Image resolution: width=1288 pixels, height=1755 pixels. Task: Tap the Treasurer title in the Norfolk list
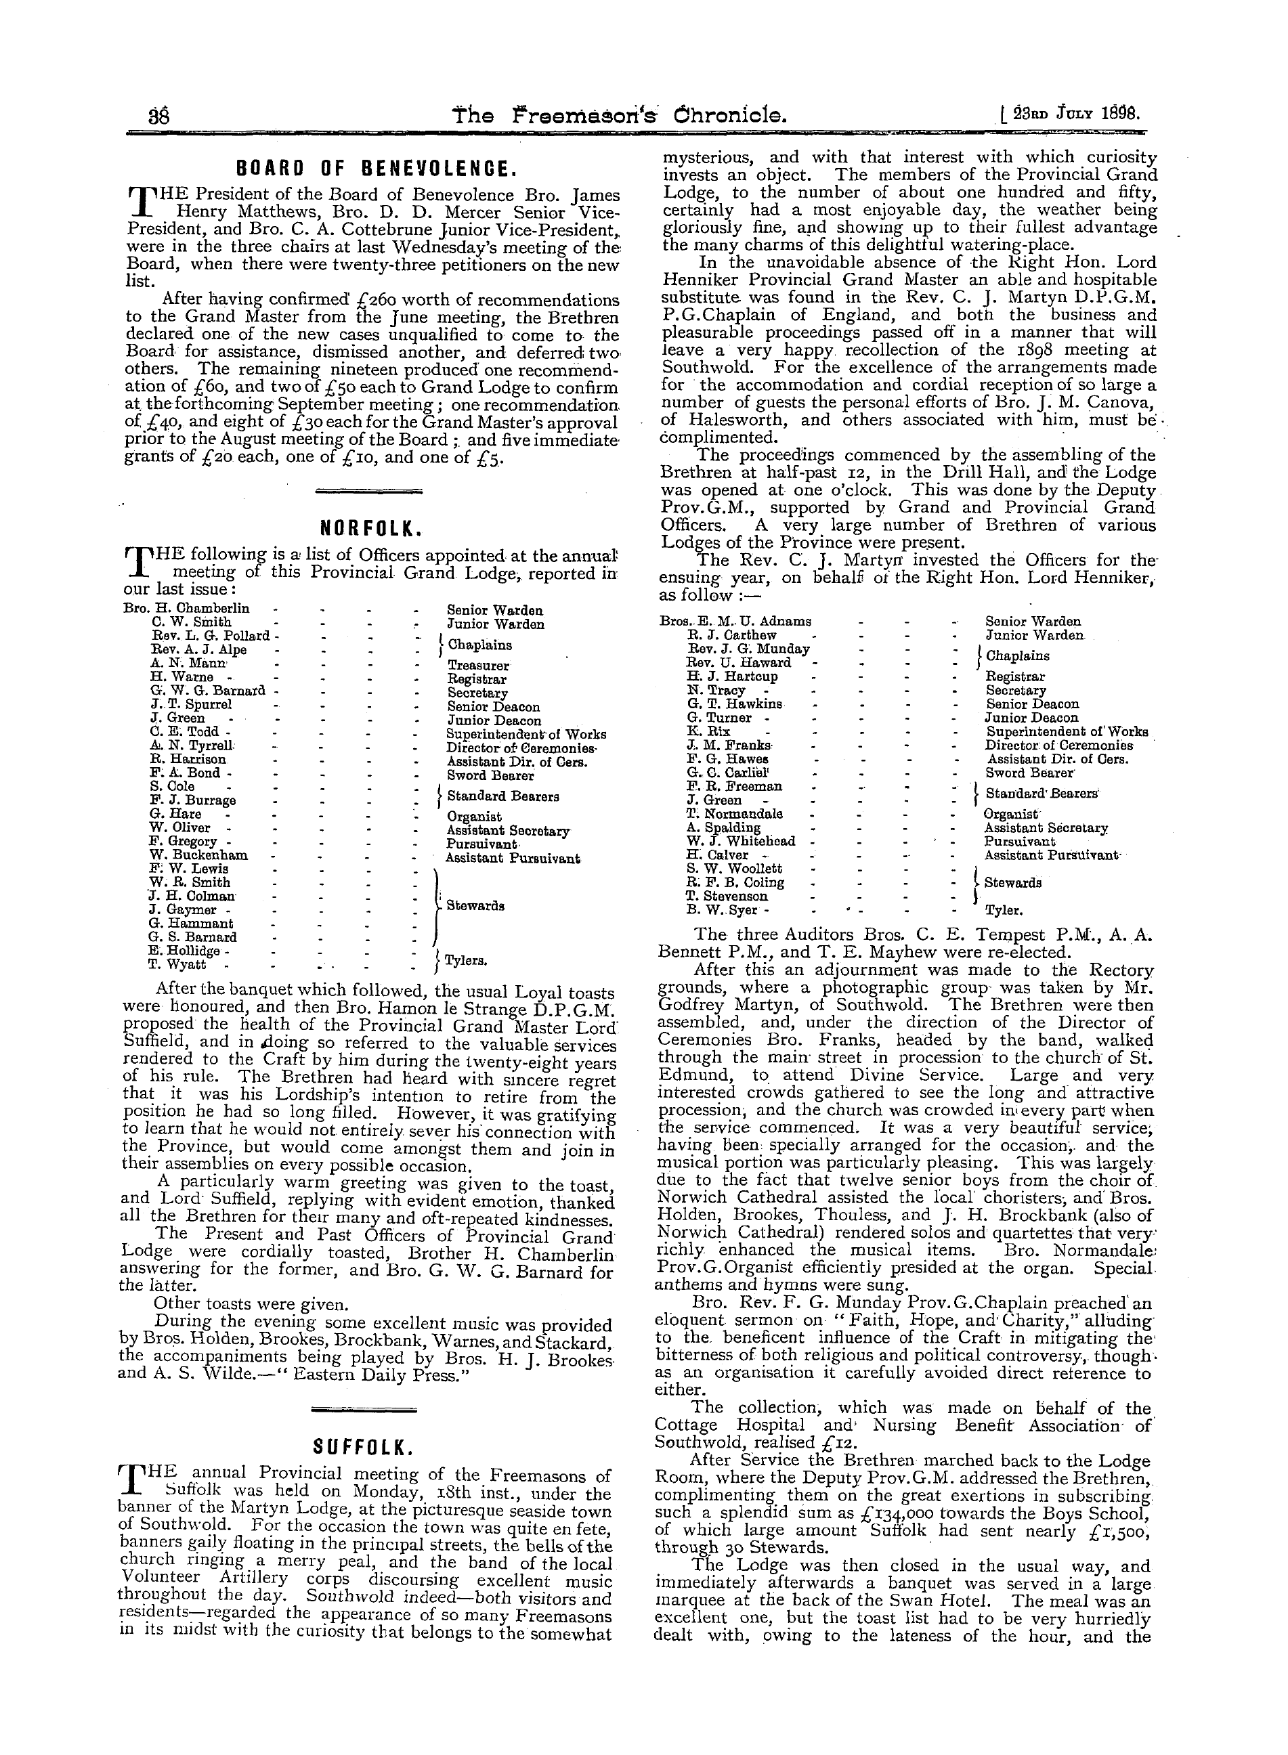[x=478, y=667]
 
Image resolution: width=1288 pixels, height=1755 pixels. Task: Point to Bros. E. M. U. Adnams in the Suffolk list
[x=735, y=622]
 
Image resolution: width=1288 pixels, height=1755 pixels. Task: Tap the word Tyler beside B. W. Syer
[x=1004, y=910]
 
